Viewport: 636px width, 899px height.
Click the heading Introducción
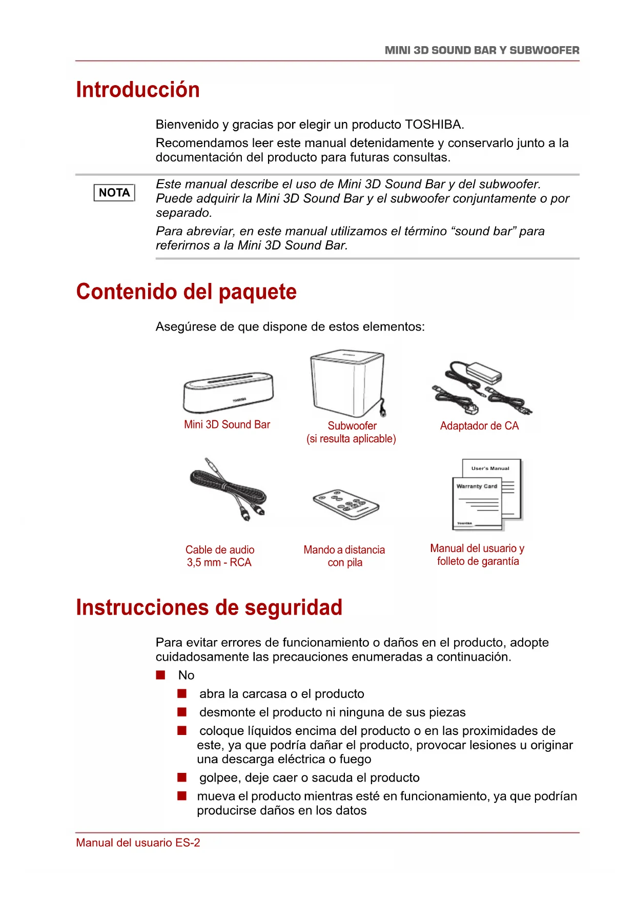coord(138,90)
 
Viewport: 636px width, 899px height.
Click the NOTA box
coord(114,193)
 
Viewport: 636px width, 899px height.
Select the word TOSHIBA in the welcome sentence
coord(434,125)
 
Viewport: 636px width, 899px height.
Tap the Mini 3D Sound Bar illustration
coord(228,392)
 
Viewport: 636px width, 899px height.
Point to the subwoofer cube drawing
coord(347,383)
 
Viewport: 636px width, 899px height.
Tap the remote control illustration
coord(346,504)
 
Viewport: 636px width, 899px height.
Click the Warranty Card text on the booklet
coord(477,486)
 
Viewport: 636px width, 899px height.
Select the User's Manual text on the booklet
coord(490,468)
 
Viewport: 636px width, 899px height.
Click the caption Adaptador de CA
coord(479,426)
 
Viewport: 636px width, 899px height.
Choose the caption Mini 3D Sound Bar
coord(227,424)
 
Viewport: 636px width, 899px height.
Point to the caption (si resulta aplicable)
coord(351,439)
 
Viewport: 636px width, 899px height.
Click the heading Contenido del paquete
coord(187,292)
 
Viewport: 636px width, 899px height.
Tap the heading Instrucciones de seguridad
coord(209,607)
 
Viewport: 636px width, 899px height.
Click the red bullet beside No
coord(161,675)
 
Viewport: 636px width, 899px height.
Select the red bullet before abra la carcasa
coord(182,693)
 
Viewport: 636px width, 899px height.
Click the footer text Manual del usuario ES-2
coord(138,843)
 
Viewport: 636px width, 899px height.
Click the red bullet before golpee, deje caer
coord(182,778)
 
